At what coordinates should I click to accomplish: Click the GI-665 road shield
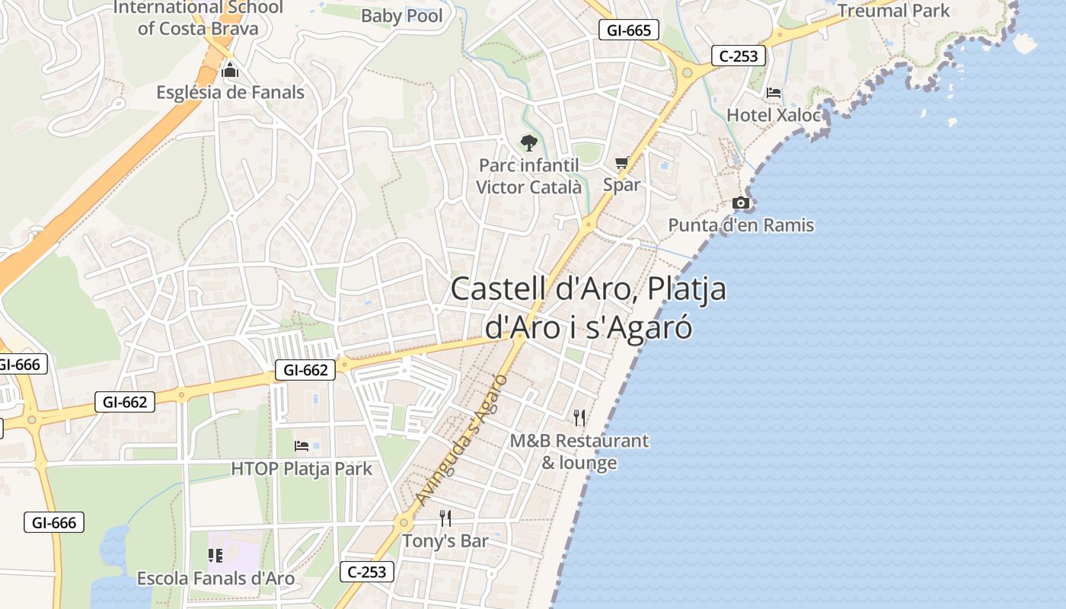pos(629,30)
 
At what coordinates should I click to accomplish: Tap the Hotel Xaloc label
pos(774,115)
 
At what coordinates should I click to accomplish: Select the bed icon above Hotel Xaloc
pos(774,94)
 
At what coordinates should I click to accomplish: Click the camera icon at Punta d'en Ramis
pos(740,203)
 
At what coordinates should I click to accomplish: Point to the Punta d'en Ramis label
pos(741,225)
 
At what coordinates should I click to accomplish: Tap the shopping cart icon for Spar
pos(622,162)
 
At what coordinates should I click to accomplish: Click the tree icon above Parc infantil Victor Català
pos(528,142)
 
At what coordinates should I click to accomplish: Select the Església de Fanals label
pos(230,93)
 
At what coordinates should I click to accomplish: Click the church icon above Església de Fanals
pos(230,72)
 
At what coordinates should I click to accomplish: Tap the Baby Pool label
pos(402,15)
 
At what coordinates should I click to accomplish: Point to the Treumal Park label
pos(894,11)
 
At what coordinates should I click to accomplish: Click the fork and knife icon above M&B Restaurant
pos(579,418)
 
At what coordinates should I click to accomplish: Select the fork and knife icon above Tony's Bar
pos(445,519)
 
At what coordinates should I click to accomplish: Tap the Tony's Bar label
pos(445,541)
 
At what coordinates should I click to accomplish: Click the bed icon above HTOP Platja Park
pos(302,446)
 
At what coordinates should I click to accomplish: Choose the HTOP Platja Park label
pos(302,468)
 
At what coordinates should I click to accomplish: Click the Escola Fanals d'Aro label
pos(215,579)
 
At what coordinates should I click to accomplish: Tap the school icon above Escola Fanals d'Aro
pos(215,556)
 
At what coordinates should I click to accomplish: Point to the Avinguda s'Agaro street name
pos(462,440)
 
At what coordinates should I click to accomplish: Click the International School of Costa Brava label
pos(198,18)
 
